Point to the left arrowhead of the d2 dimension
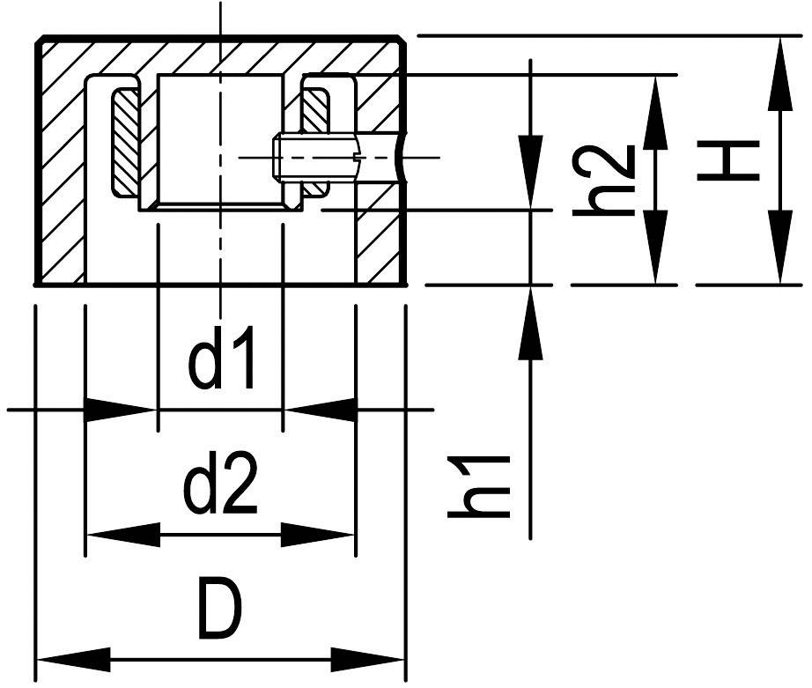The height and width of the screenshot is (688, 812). tap(123, 534)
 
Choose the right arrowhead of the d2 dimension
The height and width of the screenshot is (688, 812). tap(317, 534)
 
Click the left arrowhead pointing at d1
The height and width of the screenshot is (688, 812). tap(120, 410)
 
